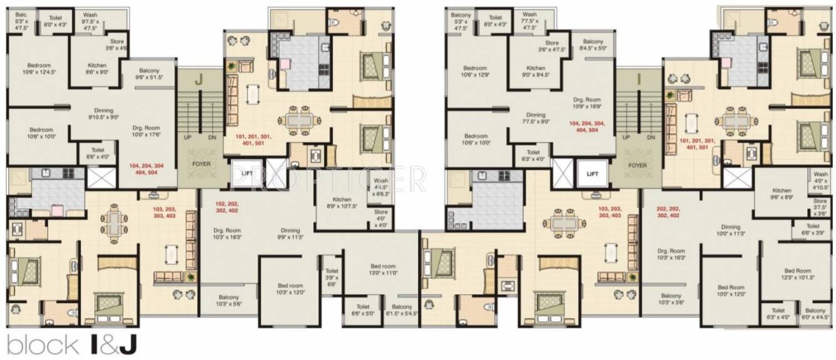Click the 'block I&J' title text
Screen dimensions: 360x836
tap(73, 344)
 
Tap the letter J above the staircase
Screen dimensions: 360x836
tap(199, 80)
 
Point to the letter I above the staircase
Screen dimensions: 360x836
tap(639, 80)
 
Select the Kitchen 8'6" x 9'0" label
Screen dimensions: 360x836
tap(96, 68)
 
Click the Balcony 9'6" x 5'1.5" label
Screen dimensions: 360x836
tap(150, 74)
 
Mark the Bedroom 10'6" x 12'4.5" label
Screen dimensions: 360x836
tap(39, 68)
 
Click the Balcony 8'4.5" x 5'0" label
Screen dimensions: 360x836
tap(594, 44)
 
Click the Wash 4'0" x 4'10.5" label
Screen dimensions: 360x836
tap(820, 180)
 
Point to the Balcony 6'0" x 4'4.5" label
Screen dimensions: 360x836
tap(815, 314)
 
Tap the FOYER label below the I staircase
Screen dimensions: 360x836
tap(637, 165)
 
